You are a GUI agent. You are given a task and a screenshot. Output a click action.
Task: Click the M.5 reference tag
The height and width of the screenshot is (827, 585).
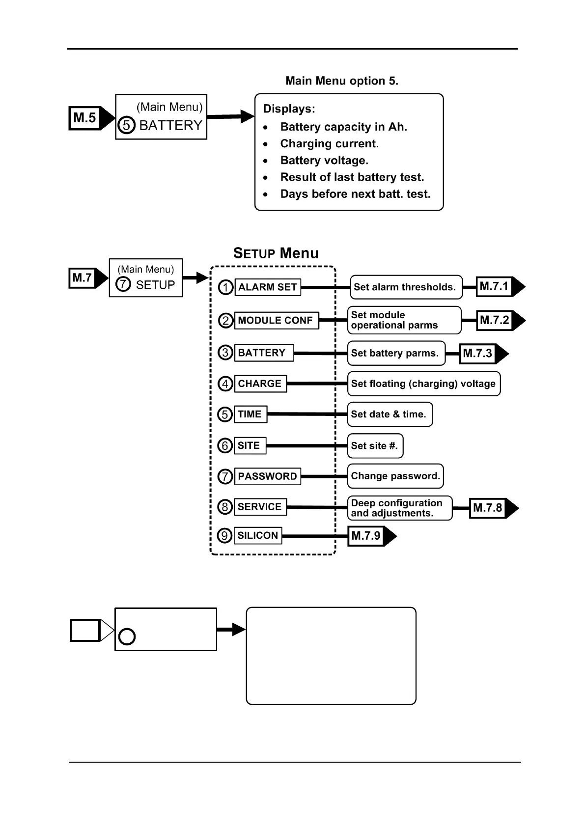tap(85, 118)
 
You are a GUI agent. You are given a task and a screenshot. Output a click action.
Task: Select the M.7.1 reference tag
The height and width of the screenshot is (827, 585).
tap(495, 287)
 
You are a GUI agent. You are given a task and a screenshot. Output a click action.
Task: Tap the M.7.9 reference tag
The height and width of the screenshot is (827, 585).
tap(366, 536)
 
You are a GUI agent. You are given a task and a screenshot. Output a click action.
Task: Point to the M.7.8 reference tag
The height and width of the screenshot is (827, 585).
tap(488, 508)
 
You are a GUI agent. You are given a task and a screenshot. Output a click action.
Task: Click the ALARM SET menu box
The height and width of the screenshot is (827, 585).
tap(268, 287)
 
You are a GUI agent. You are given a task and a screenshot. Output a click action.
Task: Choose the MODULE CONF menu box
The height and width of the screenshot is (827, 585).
tap(276, 321)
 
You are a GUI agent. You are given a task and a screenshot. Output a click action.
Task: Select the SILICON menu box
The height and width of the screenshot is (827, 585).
tap(258, 536)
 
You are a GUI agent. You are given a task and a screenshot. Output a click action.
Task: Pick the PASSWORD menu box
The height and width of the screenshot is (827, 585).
tap(268, 476)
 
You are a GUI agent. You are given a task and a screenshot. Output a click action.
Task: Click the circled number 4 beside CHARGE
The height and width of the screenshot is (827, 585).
tap(225, 384)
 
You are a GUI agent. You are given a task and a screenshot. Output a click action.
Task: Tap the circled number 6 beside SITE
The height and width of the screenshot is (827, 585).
tap(225, 445)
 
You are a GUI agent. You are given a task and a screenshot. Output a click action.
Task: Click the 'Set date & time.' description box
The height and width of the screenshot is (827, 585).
tap(390, 414)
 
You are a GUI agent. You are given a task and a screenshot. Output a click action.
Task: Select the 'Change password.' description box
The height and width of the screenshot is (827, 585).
tap(395, 476)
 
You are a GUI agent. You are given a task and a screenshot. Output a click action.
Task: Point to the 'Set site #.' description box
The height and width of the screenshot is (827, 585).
tap(375, 446)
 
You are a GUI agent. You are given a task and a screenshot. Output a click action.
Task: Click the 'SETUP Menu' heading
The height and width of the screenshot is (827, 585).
tap(276, 253)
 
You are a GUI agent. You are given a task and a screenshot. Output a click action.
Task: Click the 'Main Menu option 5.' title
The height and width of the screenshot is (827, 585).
tap(342, 81)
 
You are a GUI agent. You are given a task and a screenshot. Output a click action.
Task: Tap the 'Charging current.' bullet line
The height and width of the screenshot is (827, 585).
tap(330, 144)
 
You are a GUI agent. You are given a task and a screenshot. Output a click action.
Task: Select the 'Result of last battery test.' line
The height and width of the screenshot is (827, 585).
tap(352, 177)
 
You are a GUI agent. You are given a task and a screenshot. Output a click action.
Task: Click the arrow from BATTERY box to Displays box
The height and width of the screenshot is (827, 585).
tap(230, 117)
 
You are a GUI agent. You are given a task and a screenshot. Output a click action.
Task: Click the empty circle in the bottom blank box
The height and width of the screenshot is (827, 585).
tap(127, 637)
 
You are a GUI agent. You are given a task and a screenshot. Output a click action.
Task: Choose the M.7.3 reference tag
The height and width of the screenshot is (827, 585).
tap(478, 354)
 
